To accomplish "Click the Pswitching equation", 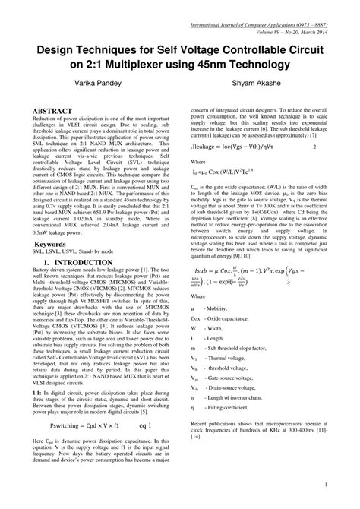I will pos(82,405).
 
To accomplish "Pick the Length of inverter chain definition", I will pos(247,418).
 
